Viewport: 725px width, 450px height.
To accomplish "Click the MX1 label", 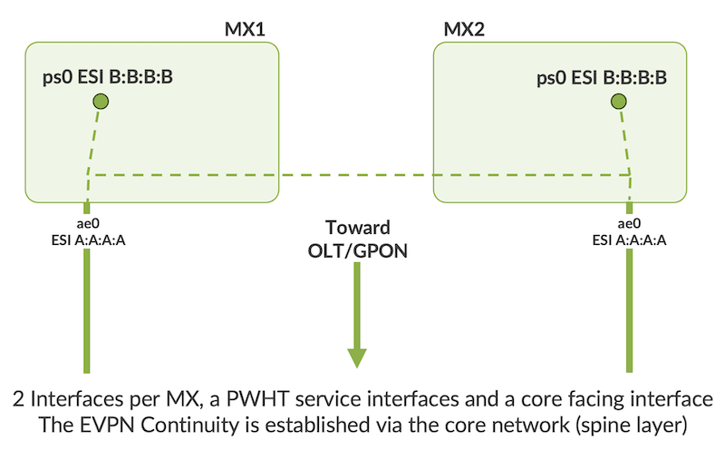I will coord(244,30).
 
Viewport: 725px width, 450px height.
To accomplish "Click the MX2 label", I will coord(463,30).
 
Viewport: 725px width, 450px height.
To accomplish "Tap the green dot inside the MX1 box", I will coord(101,103).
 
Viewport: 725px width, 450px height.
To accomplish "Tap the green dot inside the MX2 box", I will coord(618,103).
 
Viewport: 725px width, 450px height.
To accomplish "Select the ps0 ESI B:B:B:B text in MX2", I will coord(602,78).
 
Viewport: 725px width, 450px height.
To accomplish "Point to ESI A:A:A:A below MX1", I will coord(86,240).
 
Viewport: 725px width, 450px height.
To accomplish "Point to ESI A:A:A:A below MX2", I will coord(629,240).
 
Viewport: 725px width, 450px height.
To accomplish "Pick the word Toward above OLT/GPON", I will coord(358,228).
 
